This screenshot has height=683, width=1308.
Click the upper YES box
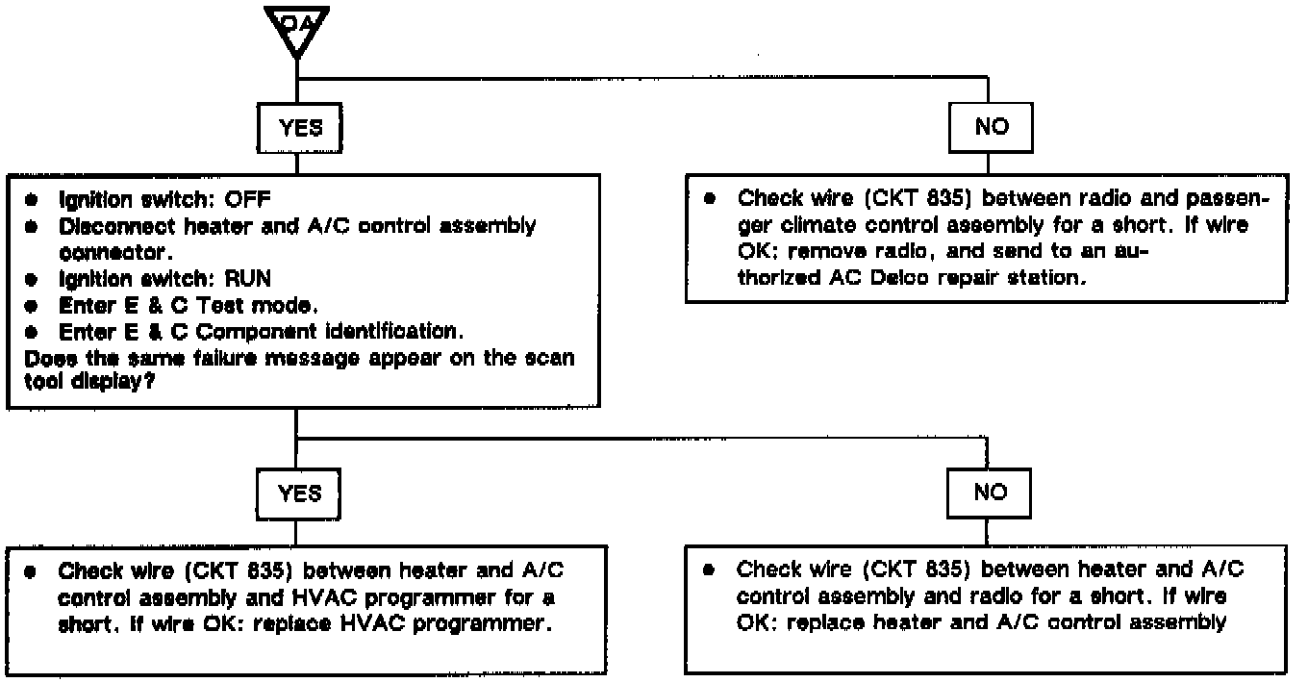click(300, 127)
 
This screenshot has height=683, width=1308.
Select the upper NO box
click(991, 127)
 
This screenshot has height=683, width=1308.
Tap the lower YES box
click(299, 493)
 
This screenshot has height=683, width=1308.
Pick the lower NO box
click(990, 493)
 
